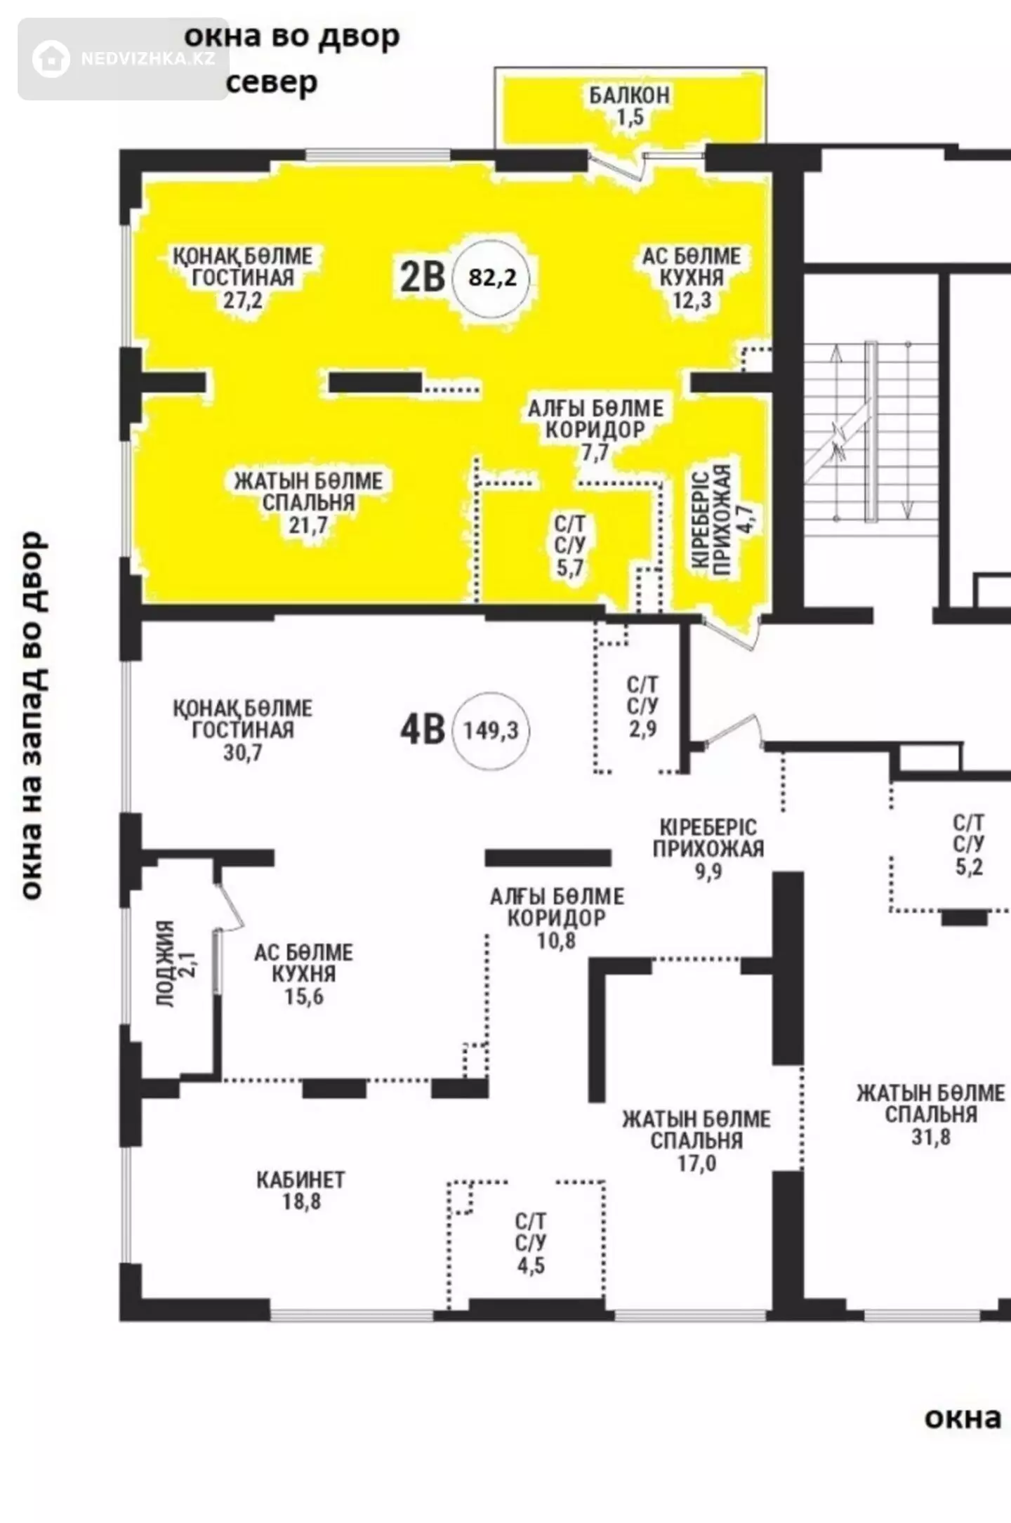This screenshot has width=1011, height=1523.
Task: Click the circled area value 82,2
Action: [x=492, y=278]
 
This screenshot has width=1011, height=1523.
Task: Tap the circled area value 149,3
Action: [x=491, y=730]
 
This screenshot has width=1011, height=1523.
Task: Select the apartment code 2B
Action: [x=423, y=277]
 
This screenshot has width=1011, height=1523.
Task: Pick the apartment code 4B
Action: [x=423, y=730]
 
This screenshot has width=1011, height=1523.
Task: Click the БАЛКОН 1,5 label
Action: [x=630, y=106]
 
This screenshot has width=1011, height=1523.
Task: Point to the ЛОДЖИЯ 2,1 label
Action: [x=176, y=964]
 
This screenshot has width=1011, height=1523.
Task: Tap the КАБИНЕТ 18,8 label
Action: [x=300, y=1190]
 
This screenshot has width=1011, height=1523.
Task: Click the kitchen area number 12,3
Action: [x=692, y=301]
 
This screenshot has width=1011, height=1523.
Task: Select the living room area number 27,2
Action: [x=243, y=301]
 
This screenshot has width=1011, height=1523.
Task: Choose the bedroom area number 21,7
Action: [x=308, y=525]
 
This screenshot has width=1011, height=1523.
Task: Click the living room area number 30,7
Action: [x=243, y=753]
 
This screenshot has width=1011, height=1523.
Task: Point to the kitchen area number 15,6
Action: [x=304, y=996]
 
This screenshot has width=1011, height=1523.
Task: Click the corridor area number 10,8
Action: [x=557, y=941]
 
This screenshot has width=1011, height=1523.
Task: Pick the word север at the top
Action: [x=272, y=83]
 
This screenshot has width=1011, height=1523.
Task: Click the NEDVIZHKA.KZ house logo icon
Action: [x=51, y=58]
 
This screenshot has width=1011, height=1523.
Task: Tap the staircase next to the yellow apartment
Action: [x=871, y=431]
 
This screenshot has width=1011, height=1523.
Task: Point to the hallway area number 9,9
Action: [x=708, y=871]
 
